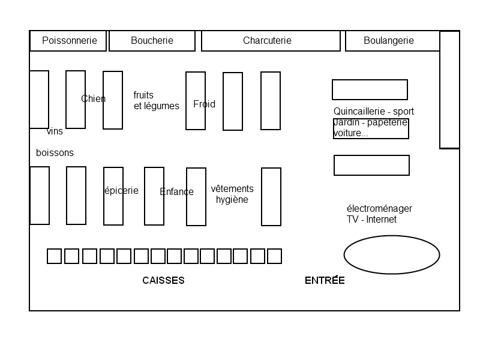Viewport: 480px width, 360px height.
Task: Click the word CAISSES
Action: point(163,280)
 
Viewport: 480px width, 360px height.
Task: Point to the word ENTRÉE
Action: point(325,280)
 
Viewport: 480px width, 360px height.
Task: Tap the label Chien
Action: point(94,98)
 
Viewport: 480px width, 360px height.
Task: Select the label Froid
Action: point(204,104)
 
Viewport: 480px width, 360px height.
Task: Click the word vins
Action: point(55,131)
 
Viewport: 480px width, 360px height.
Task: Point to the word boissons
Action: point(55,152)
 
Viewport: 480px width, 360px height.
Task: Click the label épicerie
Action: point(122,191)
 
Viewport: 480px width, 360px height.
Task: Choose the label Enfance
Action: point(176,191)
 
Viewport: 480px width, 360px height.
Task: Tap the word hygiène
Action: point(232,200)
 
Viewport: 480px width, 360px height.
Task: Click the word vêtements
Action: point(232,188)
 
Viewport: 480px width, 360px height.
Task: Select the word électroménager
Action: point(379,208)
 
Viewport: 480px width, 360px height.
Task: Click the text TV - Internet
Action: point(371,219)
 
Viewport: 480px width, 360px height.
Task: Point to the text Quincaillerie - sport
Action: point(374,111)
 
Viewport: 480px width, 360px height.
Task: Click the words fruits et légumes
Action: point(157,100)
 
